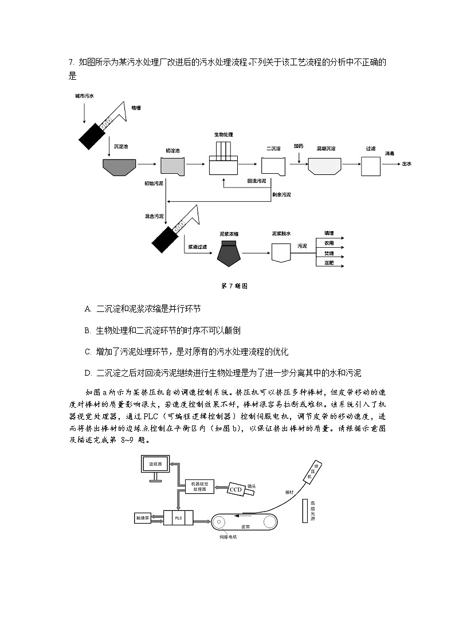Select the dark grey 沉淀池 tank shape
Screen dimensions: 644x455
[x=119, y=166]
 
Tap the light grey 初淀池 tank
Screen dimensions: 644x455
[x=172, y=166]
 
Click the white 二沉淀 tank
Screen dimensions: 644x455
[x=273, y=166]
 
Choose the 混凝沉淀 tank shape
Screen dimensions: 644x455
[x=326, y=166]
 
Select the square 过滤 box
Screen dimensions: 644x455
[x=370, y=166]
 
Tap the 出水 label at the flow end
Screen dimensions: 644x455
[x=407, y=163]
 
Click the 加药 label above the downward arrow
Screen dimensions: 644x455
[x=299, y=146]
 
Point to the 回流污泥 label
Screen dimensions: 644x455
[x=256, y=181]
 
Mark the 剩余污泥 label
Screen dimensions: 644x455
[x=281, y=195]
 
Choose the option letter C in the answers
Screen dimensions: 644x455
[x=88, y=352]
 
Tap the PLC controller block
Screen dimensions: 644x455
[x=178, y=517]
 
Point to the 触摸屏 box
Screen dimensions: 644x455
[x=142, y=517]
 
